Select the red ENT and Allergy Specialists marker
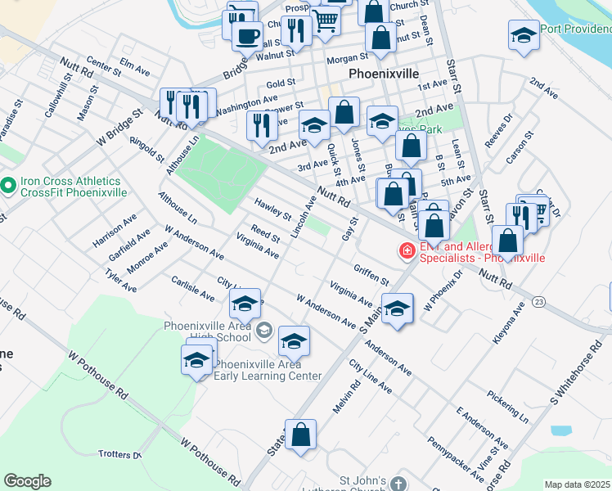pyautogui.click(x=406, y=250)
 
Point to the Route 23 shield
pyautogui.click(x=538, y=302)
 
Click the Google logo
pyautogui.click(x=27, y=481)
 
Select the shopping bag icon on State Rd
pyautogui.click(x=301, y=435)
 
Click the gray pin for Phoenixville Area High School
pyautogui.click(x=263, y=331)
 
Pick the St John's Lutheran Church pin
pyautogui.click(x=398, y=484)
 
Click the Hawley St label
pyautogui.click(x=272, y=209)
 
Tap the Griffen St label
pyautogui.click(x=371, y=274)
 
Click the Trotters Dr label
pyautogui.click(x=119, y=454)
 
